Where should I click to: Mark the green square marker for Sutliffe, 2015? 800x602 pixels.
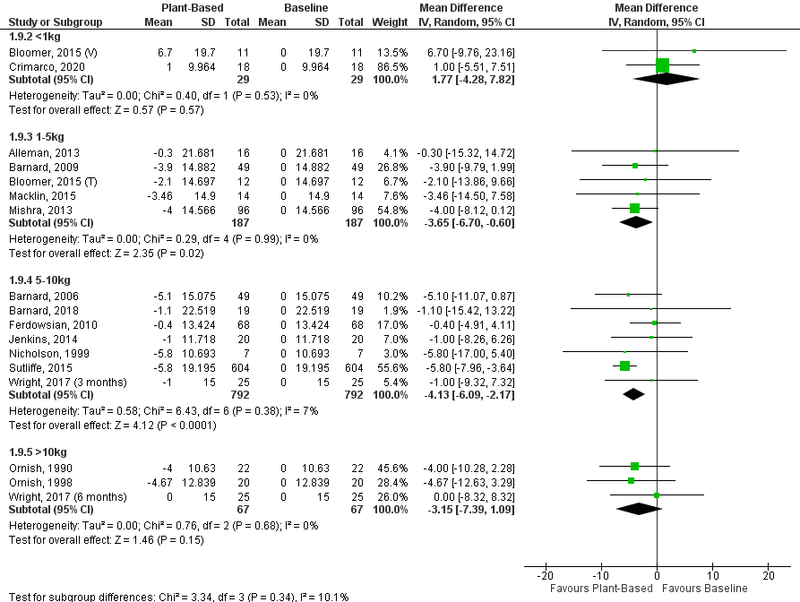624,365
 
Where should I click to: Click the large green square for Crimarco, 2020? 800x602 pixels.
662,65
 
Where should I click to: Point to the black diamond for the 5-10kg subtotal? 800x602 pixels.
633,393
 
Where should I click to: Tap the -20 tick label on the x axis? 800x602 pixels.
544,574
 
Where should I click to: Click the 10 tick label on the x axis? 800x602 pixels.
712,574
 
